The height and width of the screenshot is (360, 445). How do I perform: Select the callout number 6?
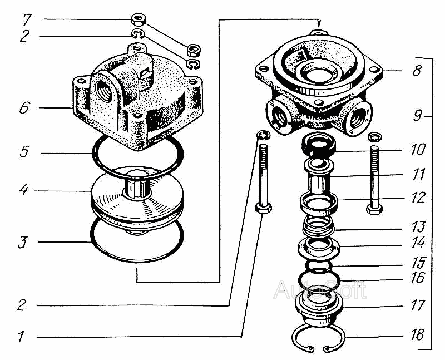(24, 107)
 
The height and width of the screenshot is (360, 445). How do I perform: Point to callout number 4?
(24, 189)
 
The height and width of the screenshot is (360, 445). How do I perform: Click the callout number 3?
(23, 242)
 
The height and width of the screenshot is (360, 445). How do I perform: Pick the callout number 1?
(21, 337)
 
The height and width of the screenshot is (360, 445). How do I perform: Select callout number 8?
(416, 71)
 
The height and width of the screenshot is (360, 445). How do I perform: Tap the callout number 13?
(418, 226)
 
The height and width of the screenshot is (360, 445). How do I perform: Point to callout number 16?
(418, 278)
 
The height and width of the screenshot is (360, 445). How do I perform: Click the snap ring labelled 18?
(318, 339)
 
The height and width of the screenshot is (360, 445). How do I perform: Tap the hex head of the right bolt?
(374, 209)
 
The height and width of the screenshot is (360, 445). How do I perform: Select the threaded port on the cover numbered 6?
(105, 90)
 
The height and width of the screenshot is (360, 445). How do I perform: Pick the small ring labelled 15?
(319, 267)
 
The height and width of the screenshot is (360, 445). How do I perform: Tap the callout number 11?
(418, 174)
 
